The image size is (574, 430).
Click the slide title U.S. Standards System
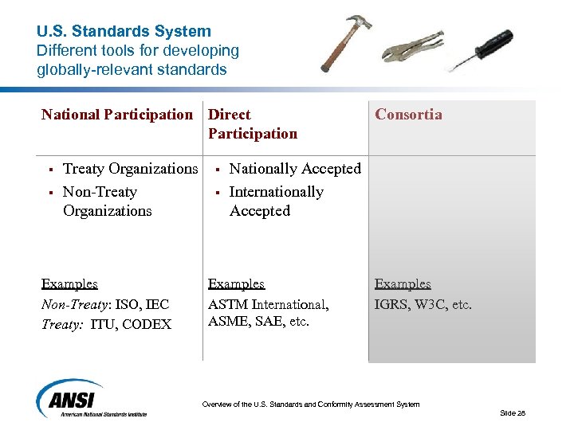click(x=124, y=32)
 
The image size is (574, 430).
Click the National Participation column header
click(x=117, y=115)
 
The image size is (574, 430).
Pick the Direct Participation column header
click(x=252, y=124)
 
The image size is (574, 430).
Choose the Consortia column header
click(x=408, y=115)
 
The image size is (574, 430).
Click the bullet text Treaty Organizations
click(x=130, y=169)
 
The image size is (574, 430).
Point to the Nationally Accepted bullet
click(x=295, y=169)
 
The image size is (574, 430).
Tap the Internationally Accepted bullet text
click(x=276, y=201)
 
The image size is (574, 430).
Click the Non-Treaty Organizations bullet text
click(x=107, y=201)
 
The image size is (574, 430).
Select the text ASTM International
click(x=268, y=304)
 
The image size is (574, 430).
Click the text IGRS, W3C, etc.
click(x=423, y=304)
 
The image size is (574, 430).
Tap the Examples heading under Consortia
click(x=403, y=284)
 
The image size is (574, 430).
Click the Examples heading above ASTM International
click(x=236, y=284)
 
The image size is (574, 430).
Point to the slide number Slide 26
click(x=513, y=412)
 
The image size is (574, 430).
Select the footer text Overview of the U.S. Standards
click(x=310, y=405)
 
